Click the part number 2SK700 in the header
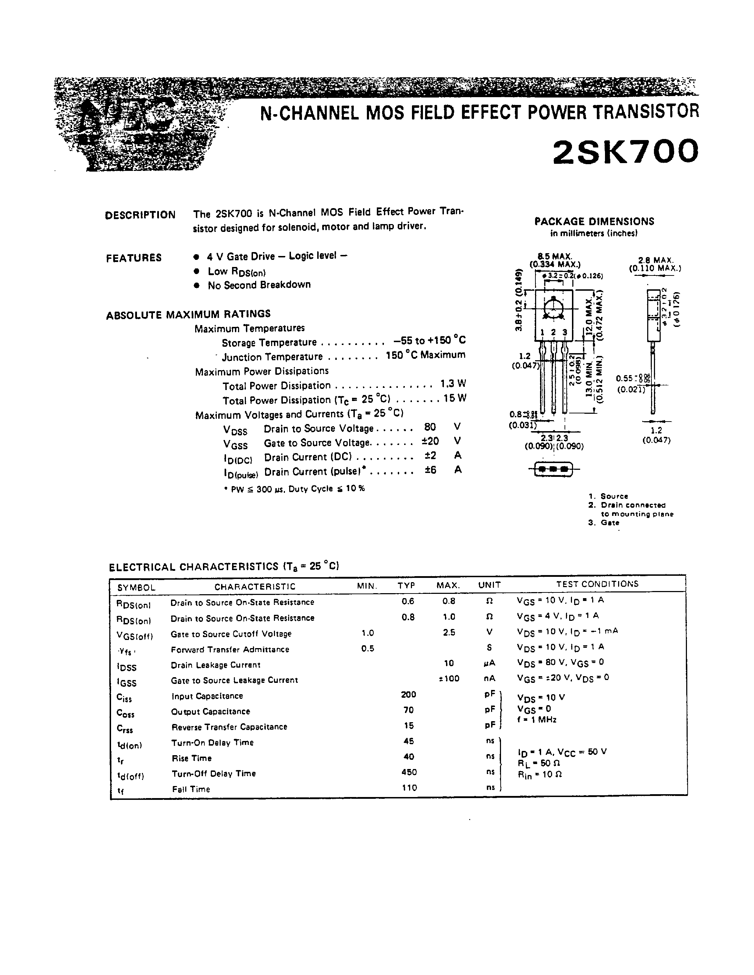pos(625,152)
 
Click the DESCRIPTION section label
pos(140,215)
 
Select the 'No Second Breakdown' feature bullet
pos(259,285)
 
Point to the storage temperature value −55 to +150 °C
pos(429,341)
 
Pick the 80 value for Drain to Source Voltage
pos(430,427)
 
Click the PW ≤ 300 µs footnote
pos(295,489)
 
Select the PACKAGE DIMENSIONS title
pos(594,222)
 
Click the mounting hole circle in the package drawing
pos(554,308)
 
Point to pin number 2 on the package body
pos(553,332)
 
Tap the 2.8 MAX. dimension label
pos(655,260)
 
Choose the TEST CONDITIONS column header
pos(597,584)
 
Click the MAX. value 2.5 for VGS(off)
pos(449,633)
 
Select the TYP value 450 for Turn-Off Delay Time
pos(409,772)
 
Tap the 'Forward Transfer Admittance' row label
pos(230,650)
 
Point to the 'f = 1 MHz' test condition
pos(537,720)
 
